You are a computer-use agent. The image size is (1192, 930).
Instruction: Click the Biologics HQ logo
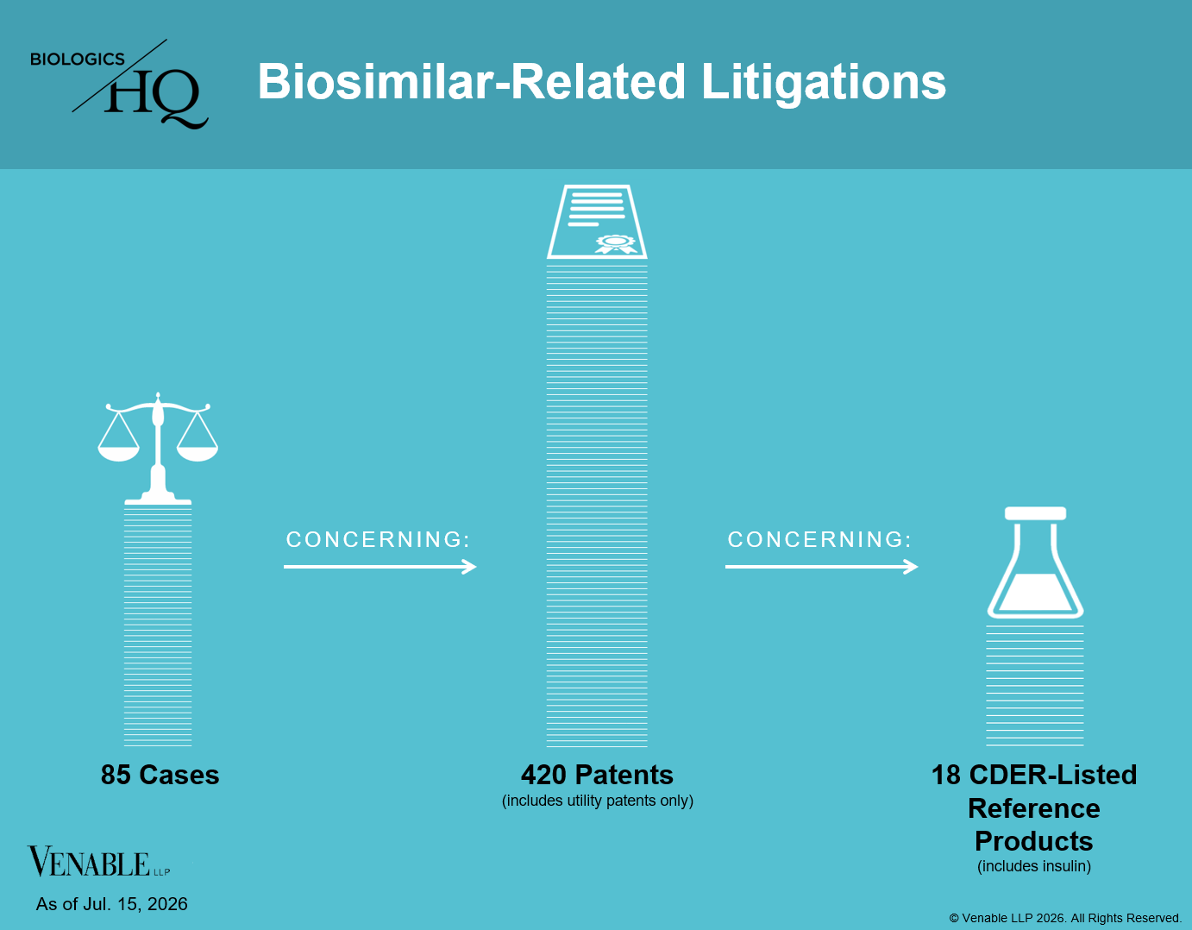[119, 84]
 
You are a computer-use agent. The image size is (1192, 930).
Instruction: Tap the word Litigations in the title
[824, 83]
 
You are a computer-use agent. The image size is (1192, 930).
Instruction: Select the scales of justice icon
[158, 449]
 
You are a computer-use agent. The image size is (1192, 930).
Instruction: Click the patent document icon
[597, 222]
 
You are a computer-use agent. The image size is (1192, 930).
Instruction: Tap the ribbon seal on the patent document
[616, 244]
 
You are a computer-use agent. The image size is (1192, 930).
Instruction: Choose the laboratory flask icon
[1035, 562]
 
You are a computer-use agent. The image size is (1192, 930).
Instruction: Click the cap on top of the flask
[1035, 513]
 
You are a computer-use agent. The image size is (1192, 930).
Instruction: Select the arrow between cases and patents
[380, 566]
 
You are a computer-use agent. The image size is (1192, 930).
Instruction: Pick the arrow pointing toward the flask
[822, 566]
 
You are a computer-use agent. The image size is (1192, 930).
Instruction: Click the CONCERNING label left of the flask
[819, 539]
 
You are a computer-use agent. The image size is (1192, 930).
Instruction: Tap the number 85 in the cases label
[116, 775]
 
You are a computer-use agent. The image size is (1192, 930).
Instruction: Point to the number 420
[543, 775]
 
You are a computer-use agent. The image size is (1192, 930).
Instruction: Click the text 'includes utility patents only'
[598, 801]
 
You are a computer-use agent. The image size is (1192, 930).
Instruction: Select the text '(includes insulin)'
[1034, 866]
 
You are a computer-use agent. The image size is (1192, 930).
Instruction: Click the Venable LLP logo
[98, 862]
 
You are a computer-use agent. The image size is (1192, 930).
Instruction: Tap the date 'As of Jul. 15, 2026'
[112, 903]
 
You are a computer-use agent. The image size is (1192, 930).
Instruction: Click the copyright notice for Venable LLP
[1065, 918]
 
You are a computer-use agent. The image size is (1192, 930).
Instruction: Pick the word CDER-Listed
[1053, 775]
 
